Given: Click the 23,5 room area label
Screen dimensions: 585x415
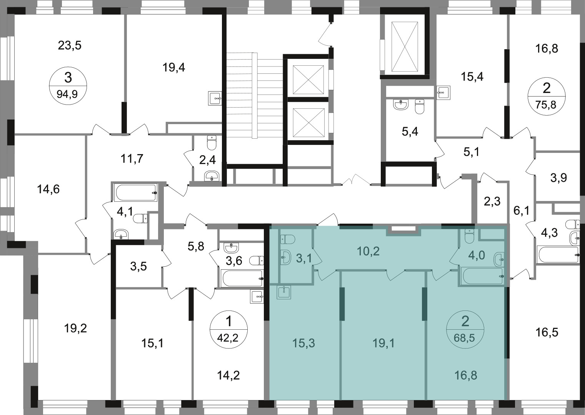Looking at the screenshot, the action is point(70,46).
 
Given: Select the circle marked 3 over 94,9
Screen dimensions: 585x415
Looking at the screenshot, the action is point(68,86).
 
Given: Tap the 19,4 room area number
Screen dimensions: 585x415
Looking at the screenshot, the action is point(174,68).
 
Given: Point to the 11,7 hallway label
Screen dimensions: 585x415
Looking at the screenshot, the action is point(132,159).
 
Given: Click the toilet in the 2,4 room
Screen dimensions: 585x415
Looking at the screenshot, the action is point(212,143).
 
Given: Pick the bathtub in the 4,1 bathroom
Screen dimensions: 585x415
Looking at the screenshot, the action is point(135,193).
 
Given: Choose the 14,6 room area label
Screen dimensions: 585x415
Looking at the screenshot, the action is point(48,189).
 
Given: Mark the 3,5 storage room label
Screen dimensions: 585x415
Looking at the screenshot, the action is point(138,267).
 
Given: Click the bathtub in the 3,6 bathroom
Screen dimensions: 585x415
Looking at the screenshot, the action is point(242,279).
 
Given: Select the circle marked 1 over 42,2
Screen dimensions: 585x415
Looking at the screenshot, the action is point(228,330).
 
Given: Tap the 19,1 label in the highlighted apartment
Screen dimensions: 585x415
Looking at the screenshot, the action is point(383,344).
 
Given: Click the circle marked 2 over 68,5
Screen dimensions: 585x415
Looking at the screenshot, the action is point(465,329).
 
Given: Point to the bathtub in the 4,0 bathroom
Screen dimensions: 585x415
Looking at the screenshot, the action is point(482,276).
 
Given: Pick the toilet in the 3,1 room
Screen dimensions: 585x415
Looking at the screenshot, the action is point(288,239).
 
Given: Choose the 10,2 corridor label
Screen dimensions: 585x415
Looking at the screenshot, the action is point(368,251).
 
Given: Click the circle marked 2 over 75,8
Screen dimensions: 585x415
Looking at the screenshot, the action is point(547,95).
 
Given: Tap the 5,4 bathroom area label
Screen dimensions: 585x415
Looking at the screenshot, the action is point(410,132).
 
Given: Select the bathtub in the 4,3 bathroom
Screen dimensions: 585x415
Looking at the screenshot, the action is point(558,255).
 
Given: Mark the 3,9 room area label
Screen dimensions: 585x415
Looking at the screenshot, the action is point(558,178).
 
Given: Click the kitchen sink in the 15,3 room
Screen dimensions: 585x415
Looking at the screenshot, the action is point(283,292).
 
